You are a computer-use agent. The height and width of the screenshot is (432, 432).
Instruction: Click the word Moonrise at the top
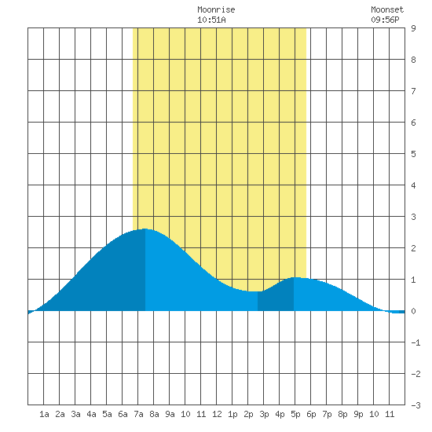point(216,9)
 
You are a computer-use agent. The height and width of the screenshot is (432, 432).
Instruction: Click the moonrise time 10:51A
point(211,20)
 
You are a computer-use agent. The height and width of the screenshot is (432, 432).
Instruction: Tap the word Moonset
point(387,9)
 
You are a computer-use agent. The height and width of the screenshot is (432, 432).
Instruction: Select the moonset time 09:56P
point(385,20)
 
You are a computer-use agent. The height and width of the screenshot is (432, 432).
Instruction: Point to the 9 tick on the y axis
point(413,28)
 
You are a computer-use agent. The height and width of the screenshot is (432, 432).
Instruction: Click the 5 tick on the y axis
point(413,154)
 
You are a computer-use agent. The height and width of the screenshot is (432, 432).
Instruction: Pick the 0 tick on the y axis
point(413,311)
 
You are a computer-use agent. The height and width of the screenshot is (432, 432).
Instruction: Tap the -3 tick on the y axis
point(416,405)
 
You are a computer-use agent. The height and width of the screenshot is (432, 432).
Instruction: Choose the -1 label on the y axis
point(416,342)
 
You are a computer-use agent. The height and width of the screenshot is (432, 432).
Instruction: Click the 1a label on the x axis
point(44,414)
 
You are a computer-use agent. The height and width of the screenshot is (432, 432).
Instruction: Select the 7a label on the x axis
point(138,414)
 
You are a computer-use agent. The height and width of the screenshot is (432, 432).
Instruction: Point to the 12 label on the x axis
point(217,414)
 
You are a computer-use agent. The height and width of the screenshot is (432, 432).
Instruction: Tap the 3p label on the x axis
point(264,414)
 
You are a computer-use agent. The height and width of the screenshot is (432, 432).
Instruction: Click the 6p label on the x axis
point(311,414)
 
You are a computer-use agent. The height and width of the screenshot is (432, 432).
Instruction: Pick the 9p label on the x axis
point(358,414)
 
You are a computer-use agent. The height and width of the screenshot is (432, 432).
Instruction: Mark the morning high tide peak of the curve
point(145,229)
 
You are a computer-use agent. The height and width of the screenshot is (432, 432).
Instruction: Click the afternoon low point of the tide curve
point(254,291)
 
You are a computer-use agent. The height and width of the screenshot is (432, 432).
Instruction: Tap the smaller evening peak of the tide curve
point(295,277)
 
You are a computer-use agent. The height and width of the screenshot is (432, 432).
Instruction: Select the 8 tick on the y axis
point(413,60)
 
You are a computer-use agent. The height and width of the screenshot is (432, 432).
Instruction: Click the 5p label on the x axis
point(295,414)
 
